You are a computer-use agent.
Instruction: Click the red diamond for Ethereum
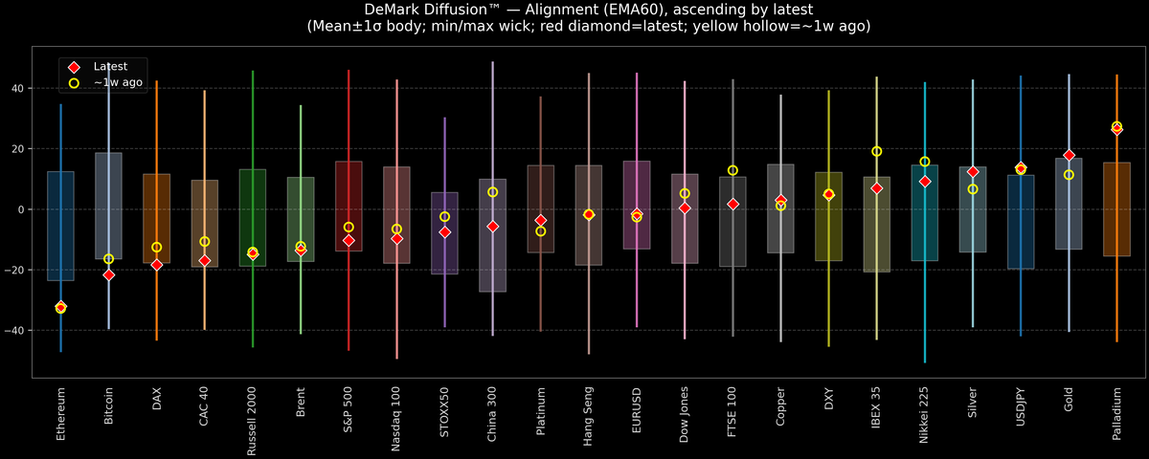coord(60,307)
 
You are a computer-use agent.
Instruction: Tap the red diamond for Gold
coord(1069,155)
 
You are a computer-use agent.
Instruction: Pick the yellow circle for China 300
coord(492,192)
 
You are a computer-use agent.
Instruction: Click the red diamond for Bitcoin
coord(108,274)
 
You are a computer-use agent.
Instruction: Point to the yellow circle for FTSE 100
coord(732,170)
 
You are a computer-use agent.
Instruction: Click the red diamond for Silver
coord(973,172)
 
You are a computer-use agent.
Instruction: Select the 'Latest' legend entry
coord(108,67)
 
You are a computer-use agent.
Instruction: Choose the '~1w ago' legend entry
coord(118,83)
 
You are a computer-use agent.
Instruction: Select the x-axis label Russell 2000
coord(253,421)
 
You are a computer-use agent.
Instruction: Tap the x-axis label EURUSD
coord(637,409)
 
